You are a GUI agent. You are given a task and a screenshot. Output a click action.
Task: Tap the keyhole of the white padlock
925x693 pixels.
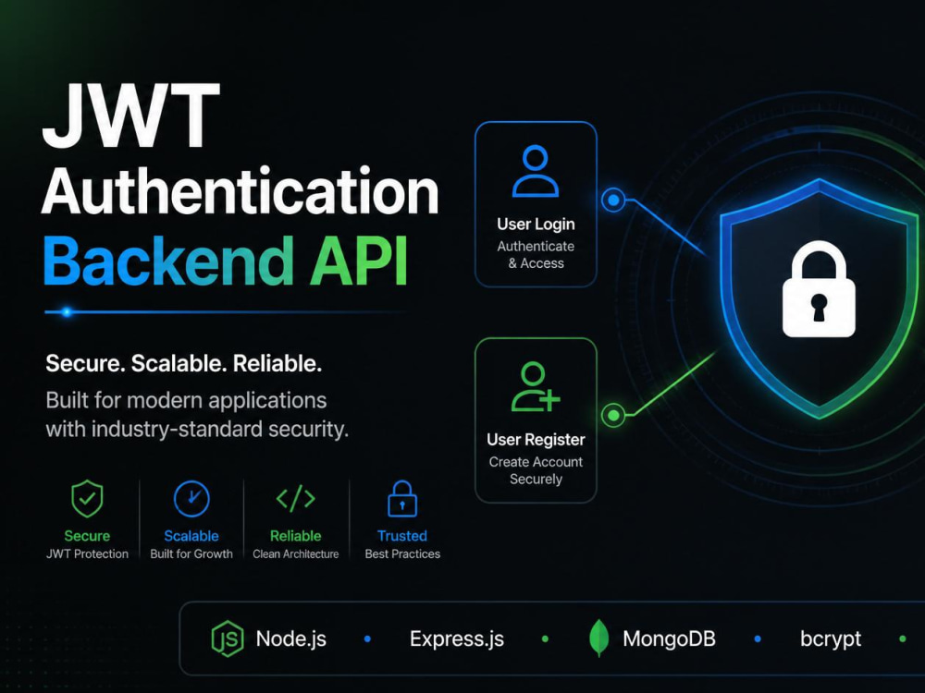(x=819, y=307)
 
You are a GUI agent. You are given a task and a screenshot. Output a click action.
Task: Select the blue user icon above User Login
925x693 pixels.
(x=535, y=171)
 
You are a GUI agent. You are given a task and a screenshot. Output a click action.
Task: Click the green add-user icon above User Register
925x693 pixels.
(x=535, y=386)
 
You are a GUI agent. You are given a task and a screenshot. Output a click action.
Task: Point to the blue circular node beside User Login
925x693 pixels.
(x=613, y=200)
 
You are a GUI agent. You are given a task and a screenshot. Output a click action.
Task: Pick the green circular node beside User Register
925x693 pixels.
(x=613, y=416)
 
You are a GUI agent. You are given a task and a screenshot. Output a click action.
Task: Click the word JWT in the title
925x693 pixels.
(x=131, y=116)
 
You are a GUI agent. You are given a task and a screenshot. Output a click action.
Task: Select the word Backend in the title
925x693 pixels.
(x=168, y=261)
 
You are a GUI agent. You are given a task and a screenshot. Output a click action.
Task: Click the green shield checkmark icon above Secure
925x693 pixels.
(x=87, y=499)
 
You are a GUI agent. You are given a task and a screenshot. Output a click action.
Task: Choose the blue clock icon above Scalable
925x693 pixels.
(x=191, y=499)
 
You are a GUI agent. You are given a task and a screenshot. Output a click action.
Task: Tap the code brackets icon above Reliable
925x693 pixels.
(x=296, y=499)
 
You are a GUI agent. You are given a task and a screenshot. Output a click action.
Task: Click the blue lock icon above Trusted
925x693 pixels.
(x=402, y=499)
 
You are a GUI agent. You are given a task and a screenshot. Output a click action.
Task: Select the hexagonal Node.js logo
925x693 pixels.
(x=228, y=638)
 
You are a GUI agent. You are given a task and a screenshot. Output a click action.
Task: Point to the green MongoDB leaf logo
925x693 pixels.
(x=598, y=638)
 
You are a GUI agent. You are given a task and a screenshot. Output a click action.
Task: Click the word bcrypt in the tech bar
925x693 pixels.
(x=831, y=639)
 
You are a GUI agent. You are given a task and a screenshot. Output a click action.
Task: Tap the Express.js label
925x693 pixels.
(x=457, y=638)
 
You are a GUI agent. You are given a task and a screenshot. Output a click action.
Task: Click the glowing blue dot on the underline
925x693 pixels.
(x=67, y=311)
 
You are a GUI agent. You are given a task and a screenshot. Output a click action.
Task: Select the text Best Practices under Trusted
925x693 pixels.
(x=402, y=553)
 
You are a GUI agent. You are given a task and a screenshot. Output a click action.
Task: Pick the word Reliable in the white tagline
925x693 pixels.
(x=277, y=363)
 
